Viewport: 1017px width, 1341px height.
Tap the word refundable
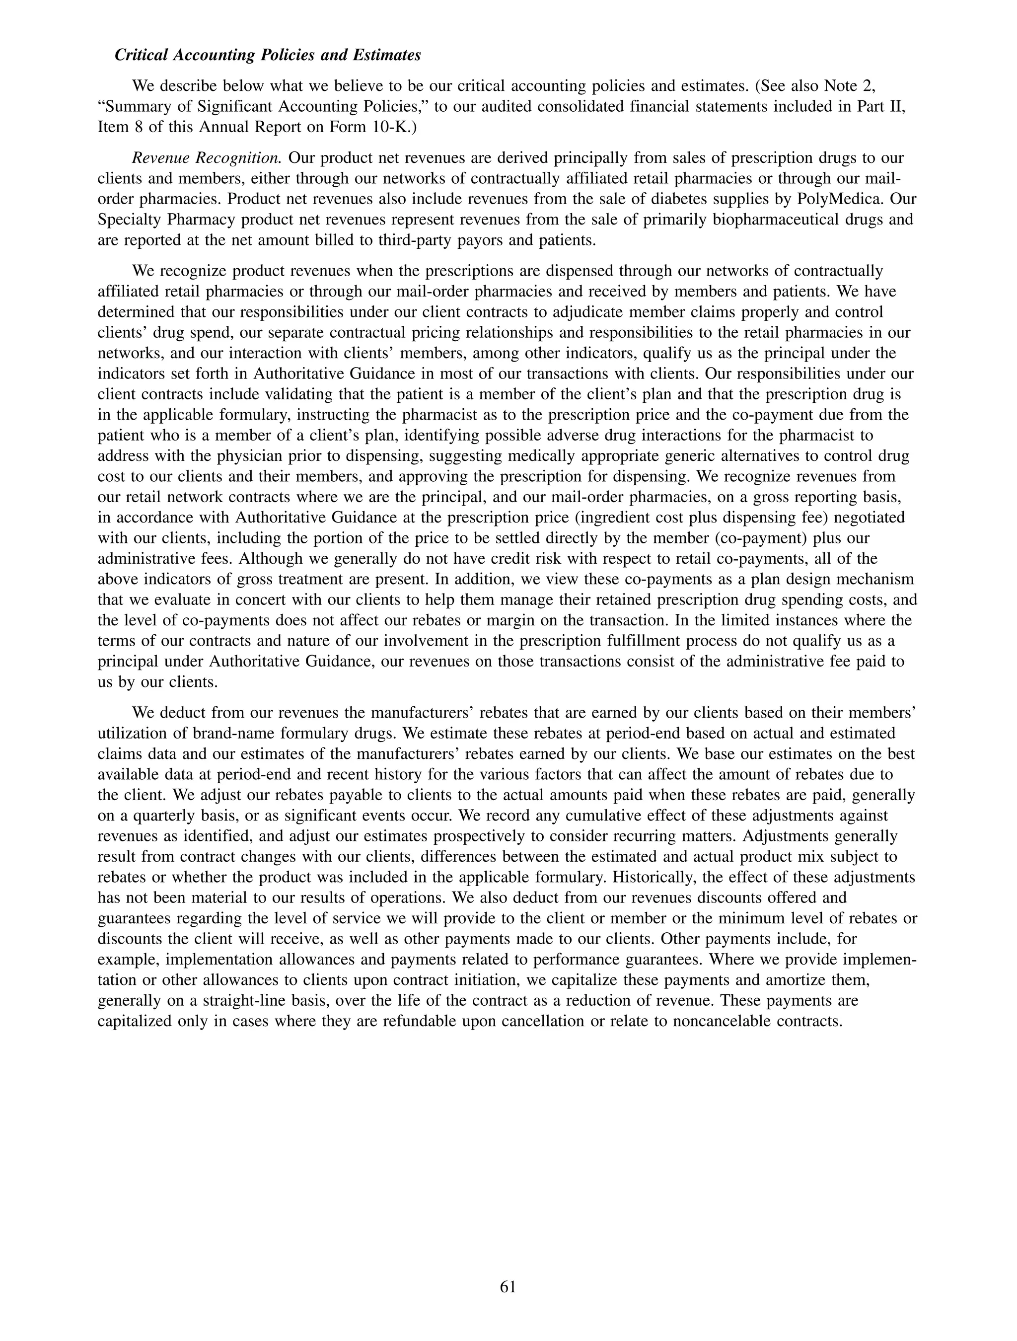click(413, 1021)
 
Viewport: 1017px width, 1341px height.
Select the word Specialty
click(127, 220)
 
